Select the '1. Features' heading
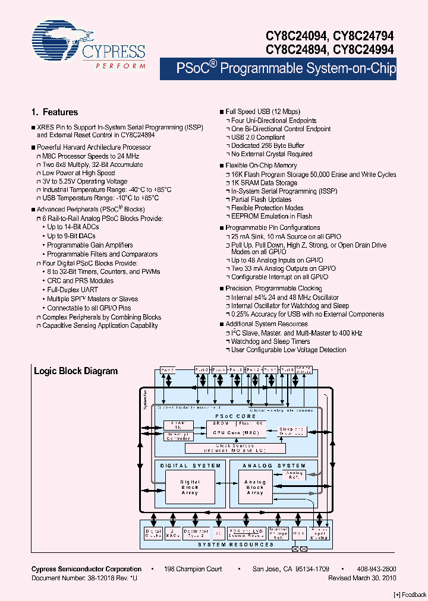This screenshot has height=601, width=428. (54, 112)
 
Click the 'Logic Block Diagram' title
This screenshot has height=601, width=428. (75, 371)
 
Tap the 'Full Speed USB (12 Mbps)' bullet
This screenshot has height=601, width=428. (263, 112)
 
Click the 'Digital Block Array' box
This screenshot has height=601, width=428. (190, 488)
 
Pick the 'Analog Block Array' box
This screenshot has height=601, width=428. (254, 488)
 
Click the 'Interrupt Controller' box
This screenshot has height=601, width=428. (178, 436)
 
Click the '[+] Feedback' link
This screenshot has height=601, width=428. (410, 594)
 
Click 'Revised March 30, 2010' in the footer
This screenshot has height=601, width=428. (362, 578)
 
